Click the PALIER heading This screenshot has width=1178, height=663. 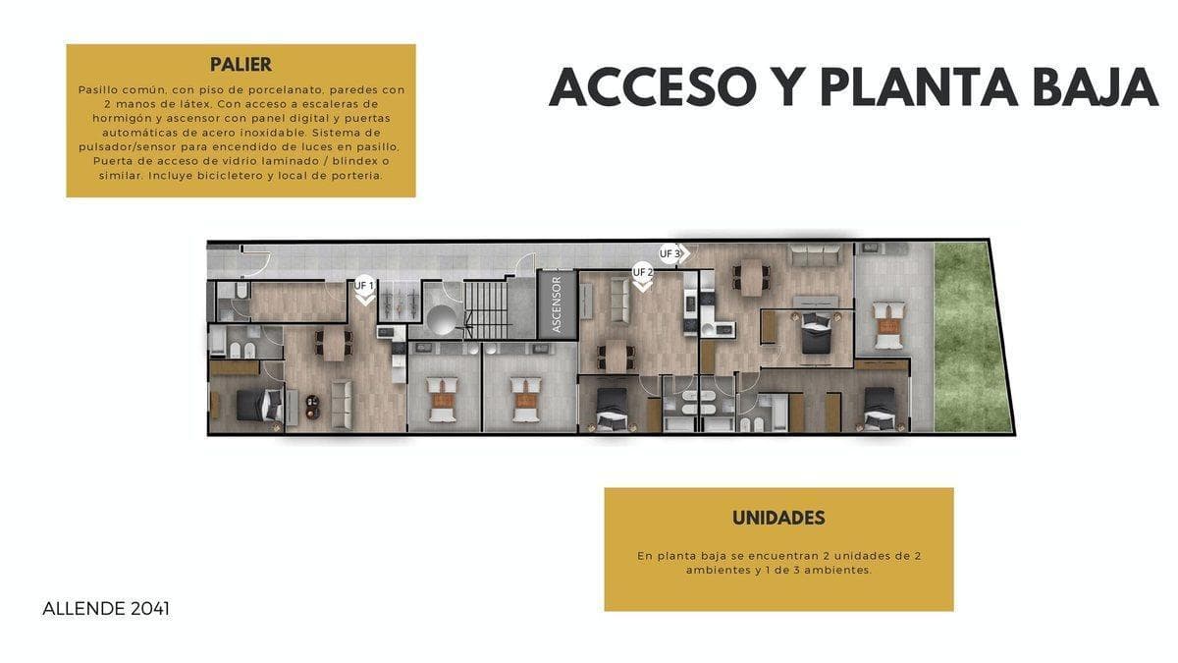pyautogui.click(x=241, y=65)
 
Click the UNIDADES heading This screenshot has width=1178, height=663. pyautogui.click(x=777, y=518)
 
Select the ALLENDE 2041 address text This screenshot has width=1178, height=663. pyautogui.click(x=106, y=609)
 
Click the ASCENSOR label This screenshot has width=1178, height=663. pyautogui.click(x=557, y=304)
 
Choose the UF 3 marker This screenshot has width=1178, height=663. pyautogui.click(x=671, y=253)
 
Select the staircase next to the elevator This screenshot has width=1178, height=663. pyautogui.click(x=487, y=306)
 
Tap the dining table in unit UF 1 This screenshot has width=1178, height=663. pyautogui.click(x=333, y=345)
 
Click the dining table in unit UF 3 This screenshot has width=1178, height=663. pyautogui.click(x=751, y=276)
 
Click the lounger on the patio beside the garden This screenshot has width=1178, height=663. pyautogui.click(x=887, y=323)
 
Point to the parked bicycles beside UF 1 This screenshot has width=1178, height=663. pyautogui.click(x=398, y=299)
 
